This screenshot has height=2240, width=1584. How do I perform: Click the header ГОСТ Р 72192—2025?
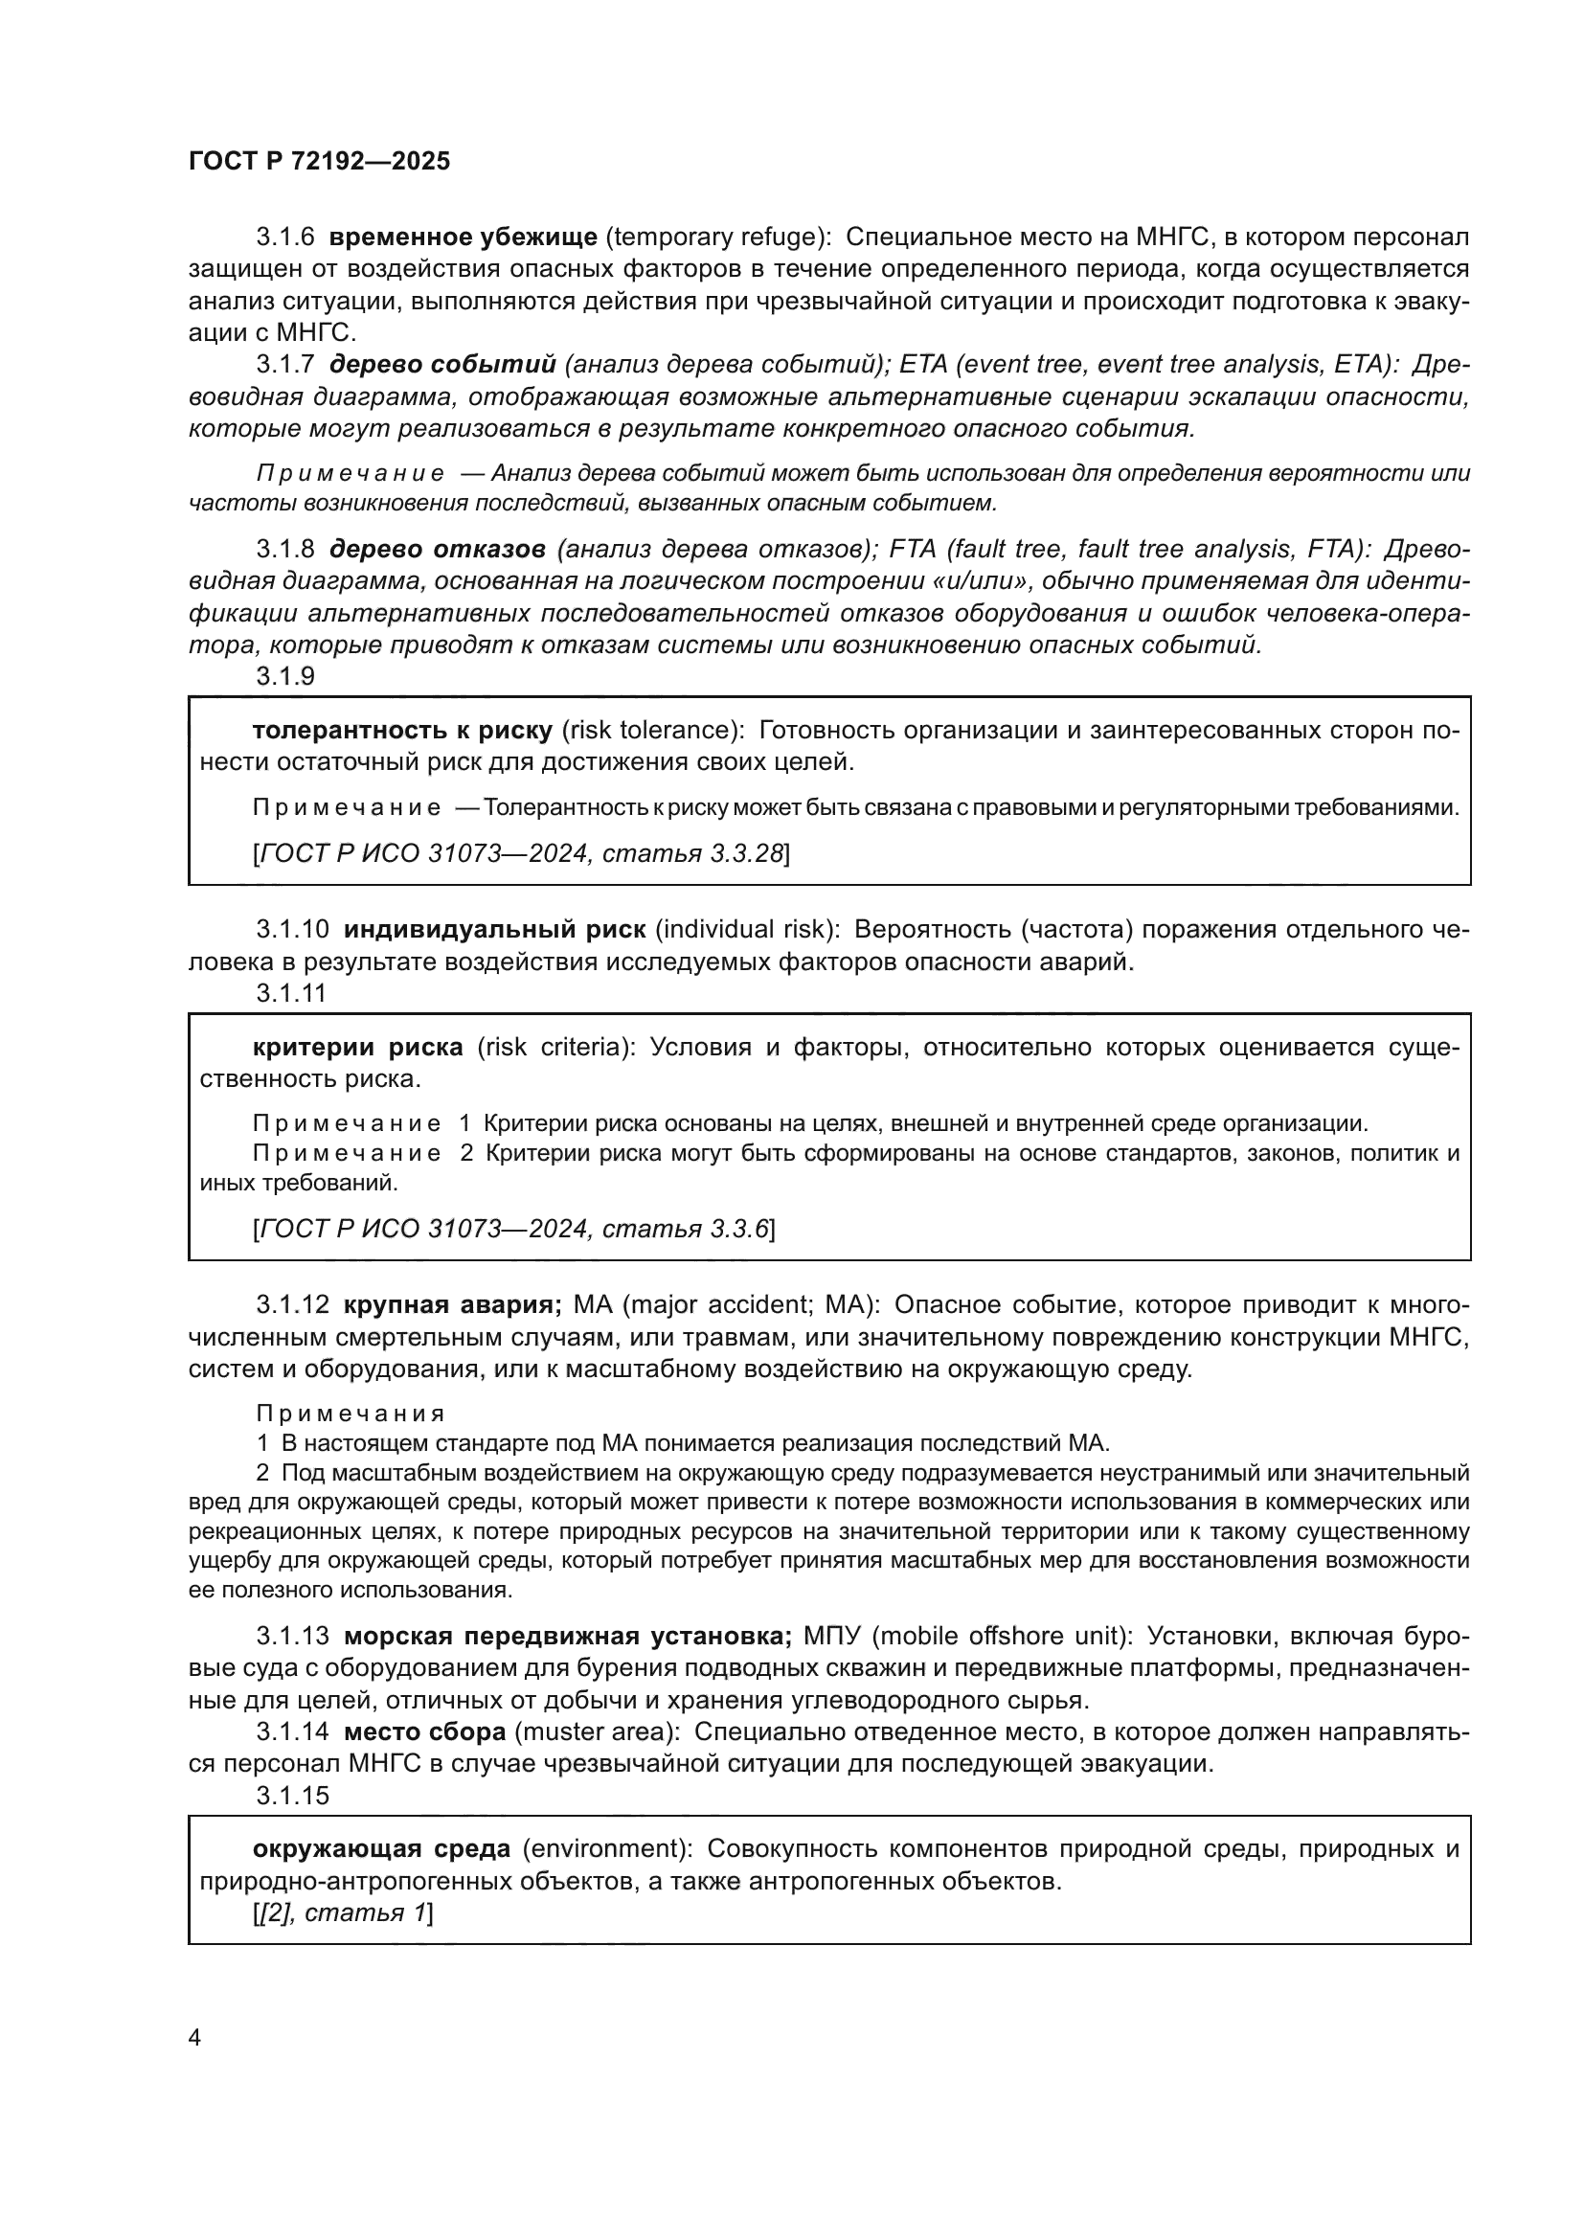[319, 162]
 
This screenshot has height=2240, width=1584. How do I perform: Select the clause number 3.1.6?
[284, 238]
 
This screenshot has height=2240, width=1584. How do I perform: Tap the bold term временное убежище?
[463, 238]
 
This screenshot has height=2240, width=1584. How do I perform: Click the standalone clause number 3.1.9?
[284, 676]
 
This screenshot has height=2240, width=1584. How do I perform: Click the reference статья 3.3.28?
[692, 853]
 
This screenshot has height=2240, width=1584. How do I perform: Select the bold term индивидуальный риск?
[494, 929]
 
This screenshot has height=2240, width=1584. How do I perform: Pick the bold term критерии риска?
[358, 1047]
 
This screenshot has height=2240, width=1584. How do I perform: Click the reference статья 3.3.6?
[686, 1229]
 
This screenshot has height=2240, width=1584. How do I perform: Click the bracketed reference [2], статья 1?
[342, 1912]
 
